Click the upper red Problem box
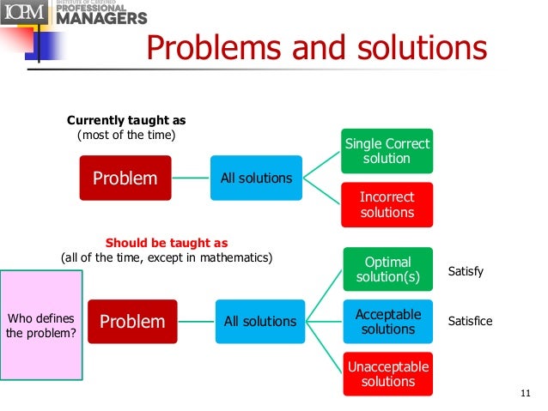pyautogui.click(x=125, y=178)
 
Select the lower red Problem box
pyautogui.click(x=133, y=322)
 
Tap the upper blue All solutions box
pyautogui.click(x=257, y=178)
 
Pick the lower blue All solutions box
pyautogui.click(x=260, y=322)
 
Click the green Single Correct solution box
pyautogui.click(x=387, y=151)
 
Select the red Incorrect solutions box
pyautogui.click(x=387, y=204)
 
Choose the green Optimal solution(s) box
pyautogui.click(x=388, y=269)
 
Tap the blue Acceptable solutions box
pyautogui.click(x=388, y=322)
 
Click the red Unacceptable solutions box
pyautogui.click(x=388, y=374)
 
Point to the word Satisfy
pyautogui.click(x=466, y=271)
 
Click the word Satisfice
pyautogui.click(x=471, y=321)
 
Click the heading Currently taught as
pyautogui.click(x=126, y=121)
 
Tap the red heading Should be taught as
pyautogui.click(x=167, y=243)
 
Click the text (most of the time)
pyautogui.click(x=126, y=136)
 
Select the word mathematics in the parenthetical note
pyautogui.click(x=233, y=257)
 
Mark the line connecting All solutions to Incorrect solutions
pyautogui.click(x=322, y=192)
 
